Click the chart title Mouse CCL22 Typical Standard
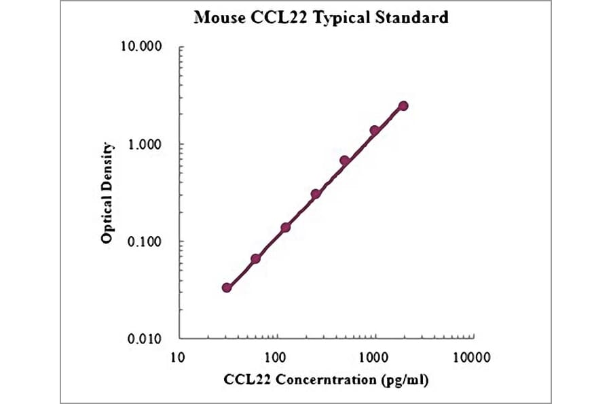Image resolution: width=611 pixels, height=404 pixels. point(320,18)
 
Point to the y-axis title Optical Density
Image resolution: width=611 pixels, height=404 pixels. point(107,193)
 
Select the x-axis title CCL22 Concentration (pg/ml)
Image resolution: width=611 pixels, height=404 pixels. point(326,380)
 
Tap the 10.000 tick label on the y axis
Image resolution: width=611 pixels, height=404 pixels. point(141,48)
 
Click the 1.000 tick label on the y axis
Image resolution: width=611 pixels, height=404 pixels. point(144,145)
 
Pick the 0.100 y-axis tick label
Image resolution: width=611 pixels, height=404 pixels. point(144,242)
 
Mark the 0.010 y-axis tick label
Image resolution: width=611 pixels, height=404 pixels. point(144,339)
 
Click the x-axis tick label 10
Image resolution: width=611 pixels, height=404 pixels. point(178,356)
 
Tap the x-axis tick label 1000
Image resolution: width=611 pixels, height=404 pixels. point(374,356)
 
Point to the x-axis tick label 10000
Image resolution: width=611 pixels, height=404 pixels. point(472,356)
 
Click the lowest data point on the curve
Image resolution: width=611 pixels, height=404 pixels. point(227,288)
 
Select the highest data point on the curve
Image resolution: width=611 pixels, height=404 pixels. point(403,105)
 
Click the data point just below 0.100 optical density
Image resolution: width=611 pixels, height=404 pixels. point(256,258)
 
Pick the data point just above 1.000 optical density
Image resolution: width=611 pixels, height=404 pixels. point(374,130)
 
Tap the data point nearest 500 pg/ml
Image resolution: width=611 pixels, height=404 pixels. point(344,161)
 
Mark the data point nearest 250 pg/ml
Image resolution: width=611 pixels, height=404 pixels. point(316,194)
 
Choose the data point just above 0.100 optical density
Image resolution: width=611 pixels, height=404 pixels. point(286,227)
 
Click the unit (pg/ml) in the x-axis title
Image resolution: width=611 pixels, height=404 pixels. point(404,380)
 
